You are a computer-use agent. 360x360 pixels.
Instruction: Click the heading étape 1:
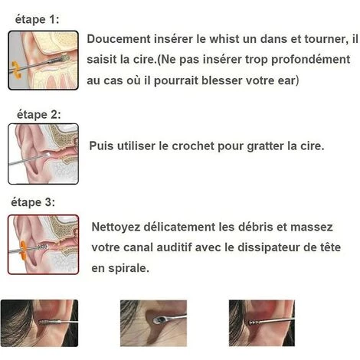(37, 20)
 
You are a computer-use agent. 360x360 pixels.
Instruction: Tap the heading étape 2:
(39, 114)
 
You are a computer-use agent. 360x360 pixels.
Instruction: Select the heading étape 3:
(33, 202)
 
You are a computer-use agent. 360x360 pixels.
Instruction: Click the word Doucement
(119, 39)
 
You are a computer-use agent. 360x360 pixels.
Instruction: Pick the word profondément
(310, 60)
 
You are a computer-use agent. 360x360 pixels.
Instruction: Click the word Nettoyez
(116, 227)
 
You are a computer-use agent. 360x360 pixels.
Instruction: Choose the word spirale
(129, 269)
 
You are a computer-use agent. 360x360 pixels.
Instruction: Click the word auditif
(174, 247)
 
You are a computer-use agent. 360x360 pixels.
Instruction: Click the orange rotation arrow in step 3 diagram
(23, 250)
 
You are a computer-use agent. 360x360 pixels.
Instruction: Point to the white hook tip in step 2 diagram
(47, 154)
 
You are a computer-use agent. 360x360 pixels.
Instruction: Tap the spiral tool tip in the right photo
(254, 323)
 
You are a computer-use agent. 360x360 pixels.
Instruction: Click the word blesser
(221, 80)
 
